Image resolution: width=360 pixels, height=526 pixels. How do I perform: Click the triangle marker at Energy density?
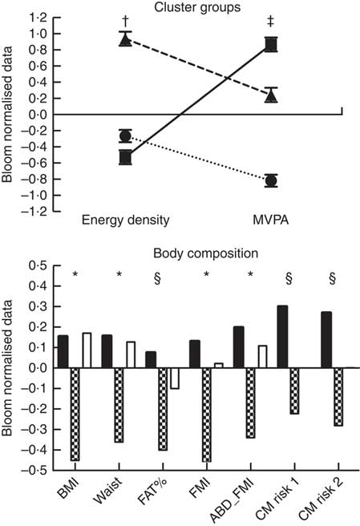[125, 40]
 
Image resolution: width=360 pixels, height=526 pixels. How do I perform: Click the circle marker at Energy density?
[125, 136]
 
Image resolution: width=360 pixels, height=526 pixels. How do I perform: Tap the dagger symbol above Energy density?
[125, 22]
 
